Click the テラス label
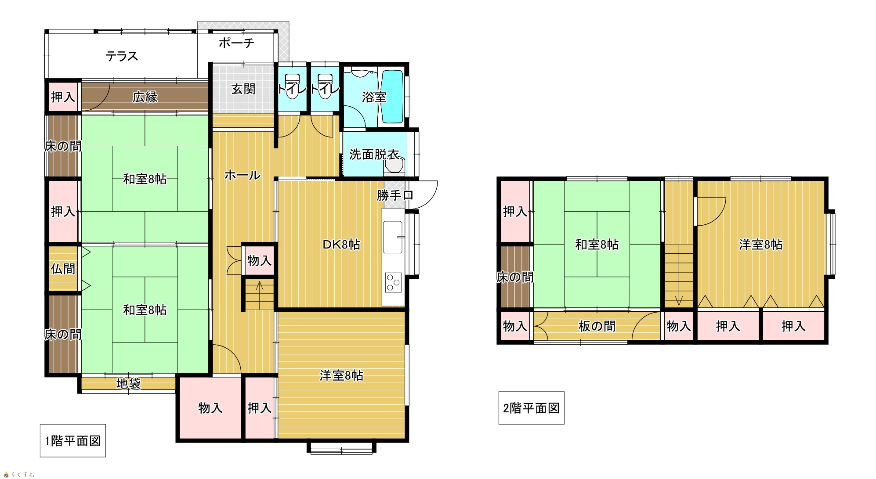click(122, 56)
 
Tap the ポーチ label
click(236, 43)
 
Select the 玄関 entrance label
click(243, 89)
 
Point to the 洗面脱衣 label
click(374, 155)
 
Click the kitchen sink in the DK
click(392, 237)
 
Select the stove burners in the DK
click(393, 282)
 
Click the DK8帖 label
click(341, 245)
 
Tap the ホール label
click(243, 175)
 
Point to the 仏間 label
click(63, 269)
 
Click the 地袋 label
click(128, 384)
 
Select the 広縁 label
click(145, 97)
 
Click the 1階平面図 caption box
click(73, 441)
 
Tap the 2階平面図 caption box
click(531, 408)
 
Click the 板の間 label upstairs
click(597, 326)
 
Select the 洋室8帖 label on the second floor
click(760, 245)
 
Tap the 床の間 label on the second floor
click(515, 277)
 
